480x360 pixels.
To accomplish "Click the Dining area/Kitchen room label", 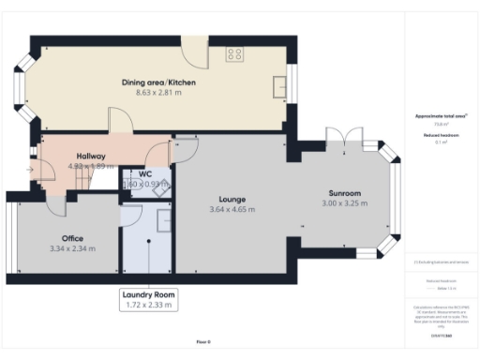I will pos(158,82).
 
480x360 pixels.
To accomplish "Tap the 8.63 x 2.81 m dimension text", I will pos(158,93).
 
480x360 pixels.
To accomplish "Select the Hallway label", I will pos(91,156).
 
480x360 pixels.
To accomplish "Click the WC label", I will pos(145,174).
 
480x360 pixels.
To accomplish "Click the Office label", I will pos(73,238).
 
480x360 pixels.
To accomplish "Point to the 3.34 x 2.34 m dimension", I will pos(73,248).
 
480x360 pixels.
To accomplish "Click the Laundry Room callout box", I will pos(148,299).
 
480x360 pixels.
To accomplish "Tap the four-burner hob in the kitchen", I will pos(234,54).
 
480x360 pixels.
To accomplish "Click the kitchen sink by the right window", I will pos(278,88).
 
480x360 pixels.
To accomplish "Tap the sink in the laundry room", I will pos(160,219).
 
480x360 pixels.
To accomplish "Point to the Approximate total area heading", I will pos(442,115).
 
